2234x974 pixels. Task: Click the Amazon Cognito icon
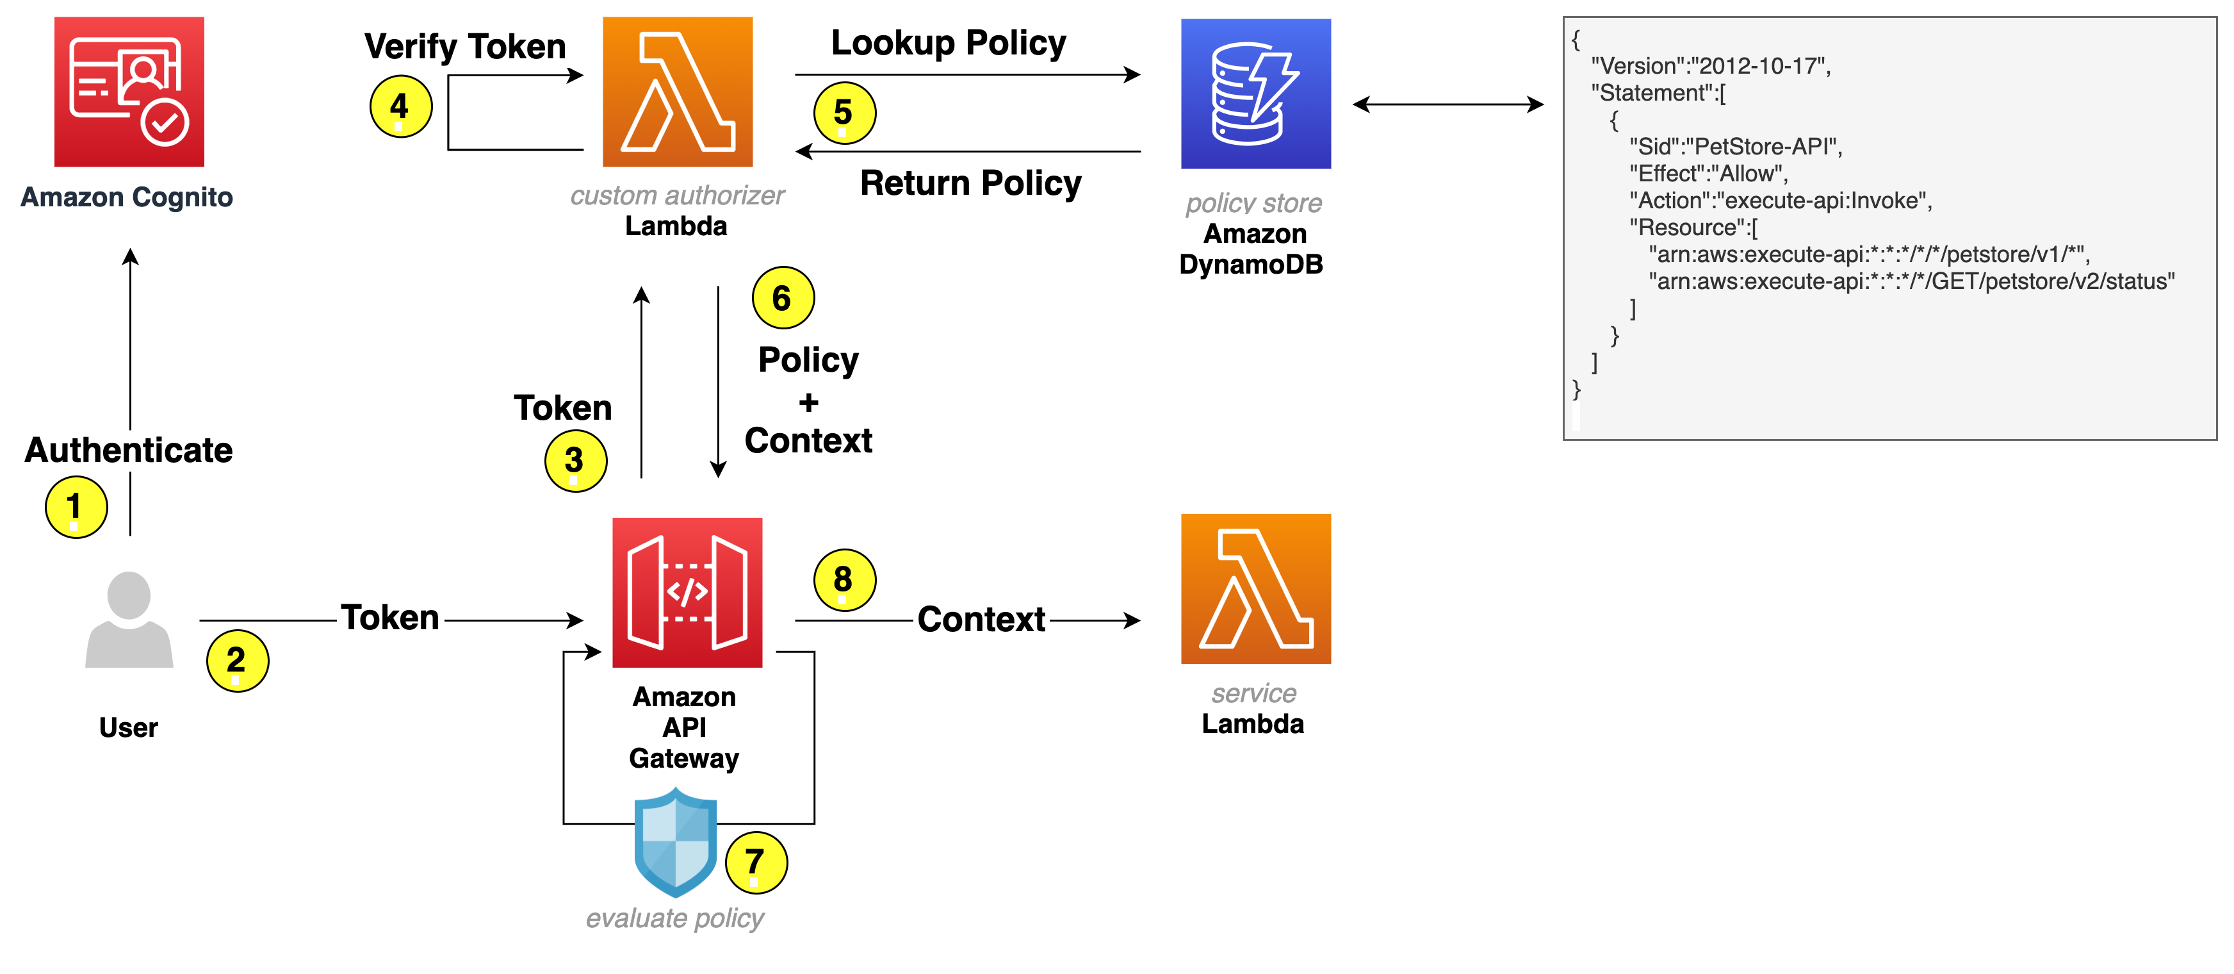pyautogui.click(x=129, y=91)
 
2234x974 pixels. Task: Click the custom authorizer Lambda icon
pyautogui.click(x=678, y=91)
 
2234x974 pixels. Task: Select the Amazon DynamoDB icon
pyautogui.click(x=1255, y=94)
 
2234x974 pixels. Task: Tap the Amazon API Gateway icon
pyautogui.click(x=687, y=592)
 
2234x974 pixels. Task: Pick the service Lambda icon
pyautogui.click(x=1255, y=588)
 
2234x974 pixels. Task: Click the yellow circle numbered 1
pyautogui.click(x=76, y=506)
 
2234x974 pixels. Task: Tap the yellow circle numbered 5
pyautogui.click(x=844, y=113)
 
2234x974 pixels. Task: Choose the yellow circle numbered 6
pyautogui.click(x=782, y=297)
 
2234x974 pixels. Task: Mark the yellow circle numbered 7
pyautogui.click(x=755, y=862)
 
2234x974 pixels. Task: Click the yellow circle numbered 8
pyautogui.click(x=844, y=579)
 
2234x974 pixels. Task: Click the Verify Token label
pyautogui.click(x=465, y=46)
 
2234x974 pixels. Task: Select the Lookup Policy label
pyautogui.click(x=948, y=42)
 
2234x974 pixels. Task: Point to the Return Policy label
pyautogui.click(x=970, y=183)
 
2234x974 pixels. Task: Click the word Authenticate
pyautogui.click(x=128, y=450)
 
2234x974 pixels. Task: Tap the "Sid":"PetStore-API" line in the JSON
pyautogui.click(x=1734, y=147)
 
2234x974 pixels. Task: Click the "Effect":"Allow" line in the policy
pyautogui.click(x=1708, y=174)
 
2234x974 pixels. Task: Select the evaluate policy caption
pyautogui.click(x=674, y=918)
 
